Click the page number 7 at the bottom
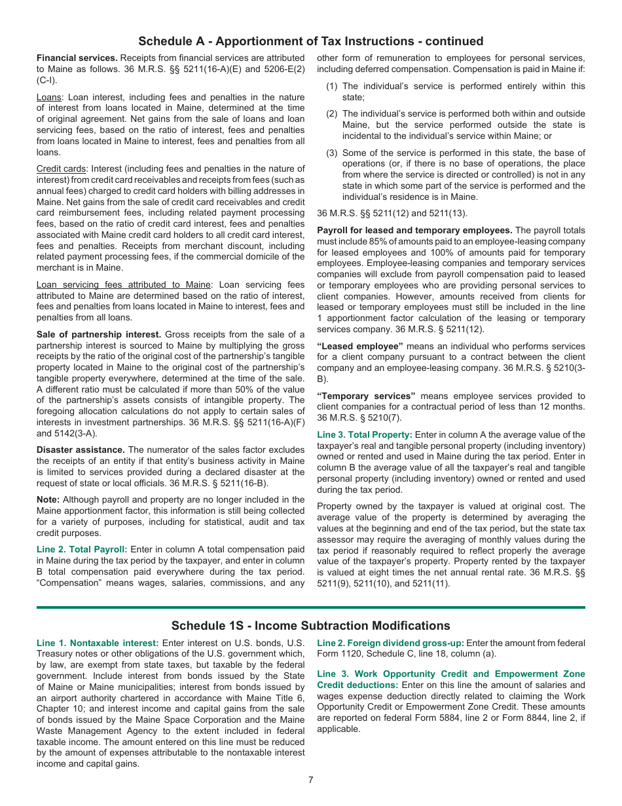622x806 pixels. pos(311,780)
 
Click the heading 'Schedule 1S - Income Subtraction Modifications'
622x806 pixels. pos(311,626)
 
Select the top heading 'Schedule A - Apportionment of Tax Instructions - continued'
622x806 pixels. pos(311,41)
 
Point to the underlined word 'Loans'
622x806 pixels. pos(50,98)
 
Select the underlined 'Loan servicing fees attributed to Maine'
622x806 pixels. pos(124,284)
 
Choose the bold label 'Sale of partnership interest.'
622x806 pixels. pos(99,334)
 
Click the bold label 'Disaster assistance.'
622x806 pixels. pos(81,450)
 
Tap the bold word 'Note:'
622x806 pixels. pos(48,499)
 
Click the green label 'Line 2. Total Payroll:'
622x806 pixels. pos(82,549)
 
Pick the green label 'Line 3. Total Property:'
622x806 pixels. pos(365,434)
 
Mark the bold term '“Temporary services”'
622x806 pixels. pos(366,396)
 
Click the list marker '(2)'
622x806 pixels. pos(332,113)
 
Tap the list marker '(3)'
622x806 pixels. pos(332,153)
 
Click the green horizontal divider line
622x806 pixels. pos(311,607)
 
